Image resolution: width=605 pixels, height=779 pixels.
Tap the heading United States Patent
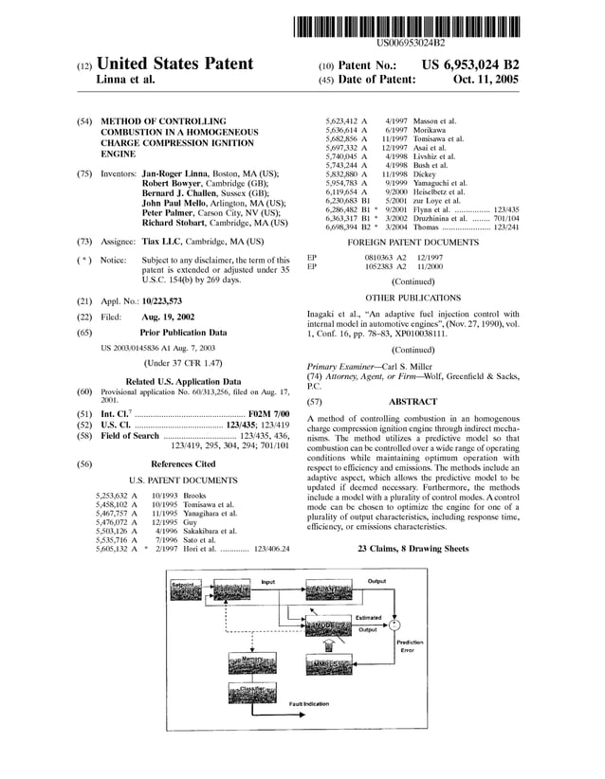[x=174, y=63]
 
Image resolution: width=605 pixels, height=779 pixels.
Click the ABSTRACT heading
[x=412, y=402]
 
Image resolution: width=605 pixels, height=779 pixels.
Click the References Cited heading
[x=183, y=464]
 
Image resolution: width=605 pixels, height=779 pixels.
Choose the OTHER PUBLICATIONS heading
[x=412, y=297]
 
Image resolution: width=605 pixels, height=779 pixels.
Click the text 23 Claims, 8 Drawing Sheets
[x=412, y=549]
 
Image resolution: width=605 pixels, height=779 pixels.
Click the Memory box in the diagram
[x=252, y=660]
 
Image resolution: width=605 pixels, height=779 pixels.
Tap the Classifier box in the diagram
[x=252, y=692]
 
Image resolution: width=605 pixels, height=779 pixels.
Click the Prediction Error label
[x=406, y=646]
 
